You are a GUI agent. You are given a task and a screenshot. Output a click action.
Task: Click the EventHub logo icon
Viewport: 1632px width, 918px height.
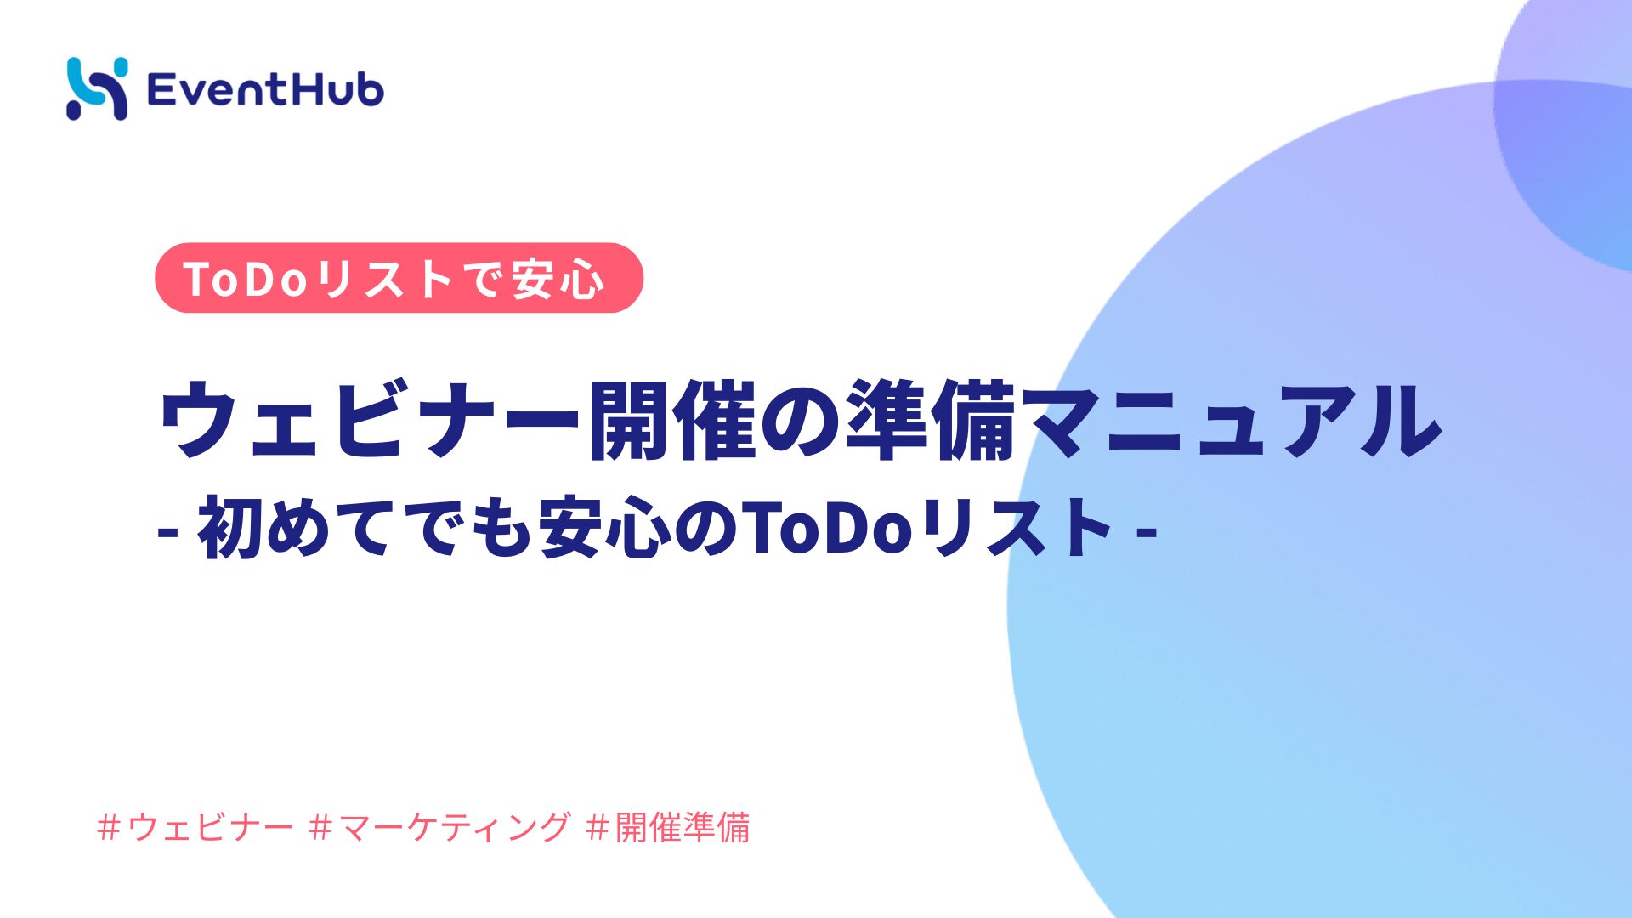(97, 88)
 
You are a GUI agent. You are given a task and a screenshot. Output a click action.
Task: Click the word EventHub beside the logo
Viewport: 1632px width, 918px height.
(265, 89)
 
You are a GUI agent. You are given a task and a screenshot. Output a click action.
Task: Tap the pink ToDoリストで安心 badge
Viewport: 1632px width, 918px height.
(399, 278)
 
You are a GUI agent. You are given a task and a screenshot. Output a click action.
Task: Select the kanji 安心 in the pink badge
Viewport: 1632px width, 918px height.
(558, 279)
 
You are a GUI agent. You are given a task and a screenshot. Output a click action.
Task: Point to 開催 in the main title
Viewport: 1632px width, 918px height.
(672, 419)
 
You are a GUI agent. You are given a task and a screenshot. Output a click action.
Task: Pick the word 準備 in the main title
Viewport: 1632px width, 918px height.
(931, 419)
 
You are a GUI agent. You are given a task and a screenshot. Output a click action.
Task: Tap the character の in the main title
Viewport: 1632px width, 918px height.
(801, 421)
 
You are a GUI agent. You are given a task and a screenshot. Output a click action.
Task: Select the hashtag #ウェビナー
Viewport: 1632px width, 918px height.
(195, 827)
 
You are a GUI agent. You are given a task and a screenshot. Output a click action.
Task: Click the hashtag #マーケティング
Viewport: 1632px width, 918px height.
(439, 827)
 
